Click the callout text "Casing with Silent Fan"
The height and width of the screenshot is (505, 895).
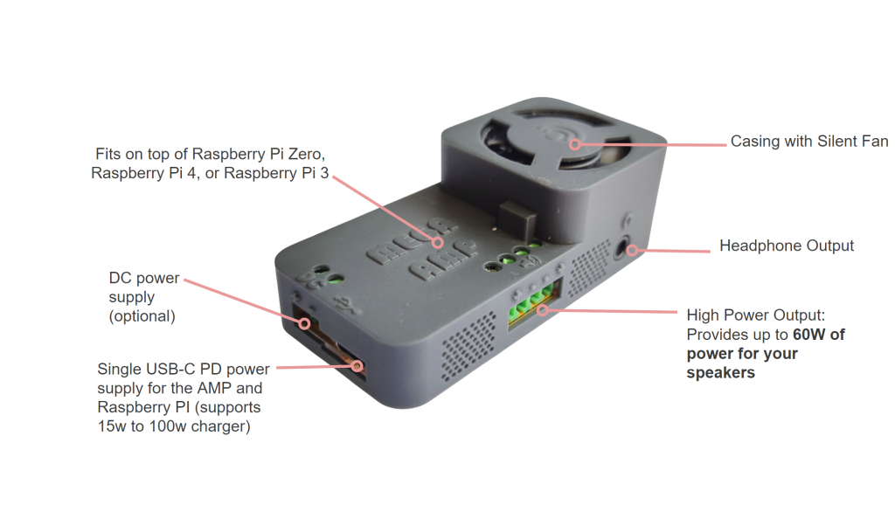pos(809,142)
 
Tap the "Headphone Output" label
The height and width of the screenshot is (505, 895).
pos(787,246)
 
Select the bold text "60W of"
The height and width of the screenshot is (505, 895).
pos(818,335)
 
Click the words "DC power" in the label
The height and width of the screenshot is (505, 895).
pos(144,279)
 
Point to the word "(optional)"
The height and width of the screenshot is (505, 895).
pos(142,316)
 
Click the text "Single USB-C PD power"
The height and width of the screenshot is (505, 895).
pos(184,370)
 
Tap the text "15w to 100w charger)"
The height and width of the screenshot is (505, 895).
pos(174,426)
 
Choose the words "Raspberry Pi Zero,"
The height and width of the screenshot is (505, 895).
pos(259,154)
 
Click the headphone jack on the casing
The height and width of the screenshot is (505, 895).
pos(624,249)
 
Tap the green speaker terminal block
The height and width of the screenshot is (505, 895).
pos(531,304)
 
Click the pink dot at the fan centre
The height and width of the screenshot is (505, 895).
pos(575,144)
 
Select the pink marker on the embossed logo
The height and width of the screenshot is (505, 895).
pos(438,243)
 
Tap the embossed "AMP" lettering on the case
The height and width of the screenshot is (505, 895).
pos(443,259)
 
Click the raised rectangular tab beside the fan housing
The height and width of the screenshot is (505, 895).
pos(518,218)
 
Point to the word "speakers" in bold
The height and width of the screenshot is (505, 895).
pos(720,373)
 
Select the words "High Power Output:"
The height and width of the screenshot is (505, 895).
pos(756,315)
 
